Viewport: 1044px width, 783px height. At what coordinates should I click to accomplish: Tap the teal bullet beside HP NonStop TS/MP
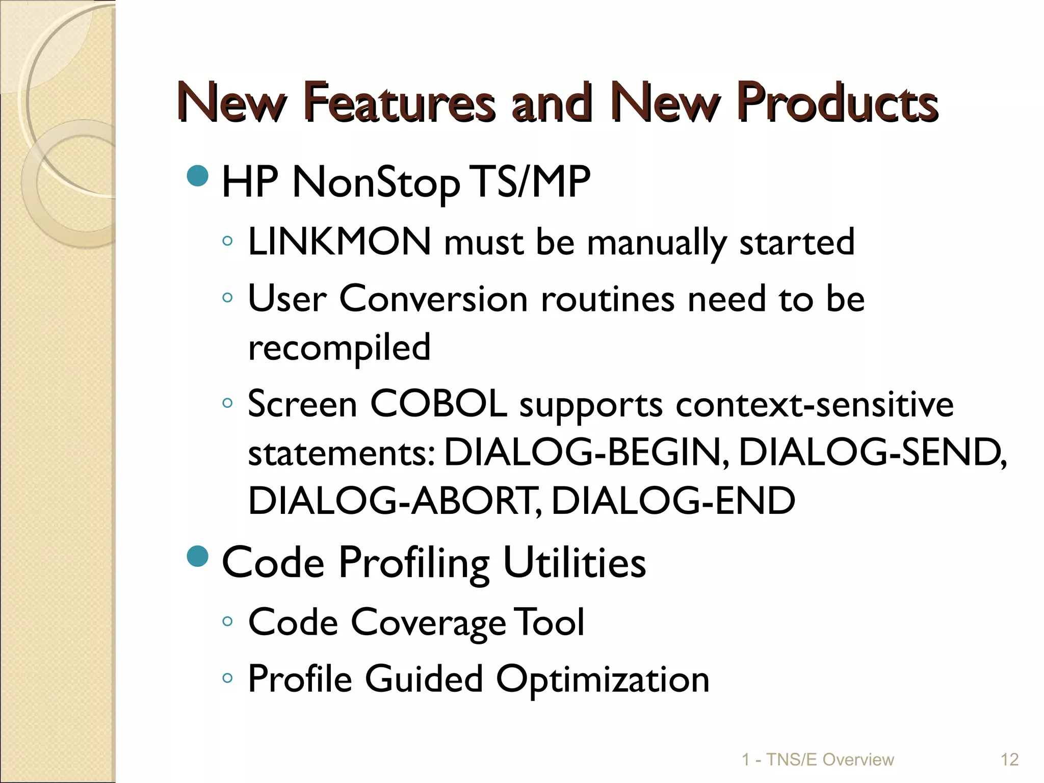coord(198,176)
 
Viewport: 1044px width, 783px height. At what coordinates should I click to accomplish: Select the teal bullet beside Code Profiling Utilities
coord(198,556)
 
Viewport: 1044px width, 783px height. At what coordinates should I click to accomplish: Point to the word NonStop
coord(376,182)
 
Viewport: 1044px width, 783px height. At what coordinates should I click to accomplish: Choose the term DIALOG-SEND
coord(872,453)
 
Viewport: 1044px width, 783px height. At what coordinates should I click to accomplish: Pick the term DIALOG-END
coord(673,500)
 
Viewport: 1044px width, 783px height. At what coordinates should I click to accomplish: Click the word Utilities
coord(574,563)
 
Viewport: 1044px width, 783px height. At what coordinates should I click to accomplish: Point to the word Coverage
coord(428,623)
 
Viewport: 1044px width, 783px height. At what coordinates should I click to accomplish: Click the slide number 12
coord(1009,760)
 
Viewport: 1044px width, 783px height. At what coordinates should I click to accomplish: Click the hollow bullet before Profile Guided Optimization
coord(227,678)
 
